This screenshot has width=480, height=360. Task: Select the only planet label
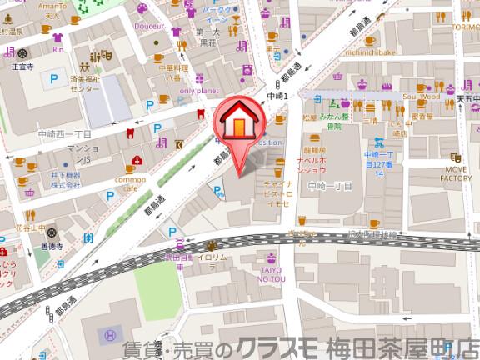tap(198, 90)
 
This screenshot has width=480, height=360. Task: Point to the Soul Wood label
tap(420, 97)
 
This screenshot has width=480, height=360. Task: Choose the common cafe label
tap(130, 183)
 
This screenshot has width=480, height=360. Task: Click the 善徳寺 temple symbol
tap(51, 232)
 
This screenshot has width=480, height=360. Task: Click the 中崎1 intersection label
tap(277, 97)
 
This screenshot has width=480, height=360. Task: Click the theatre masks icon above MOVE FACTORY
tap(455, 156)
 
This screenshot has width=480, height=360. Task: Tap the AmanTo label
tap(57, 7)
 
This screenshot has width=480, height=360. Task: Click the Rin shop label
tap(57, 49)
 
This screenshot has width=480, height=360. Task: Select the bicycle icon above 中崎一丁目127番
tap(379, 141)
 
